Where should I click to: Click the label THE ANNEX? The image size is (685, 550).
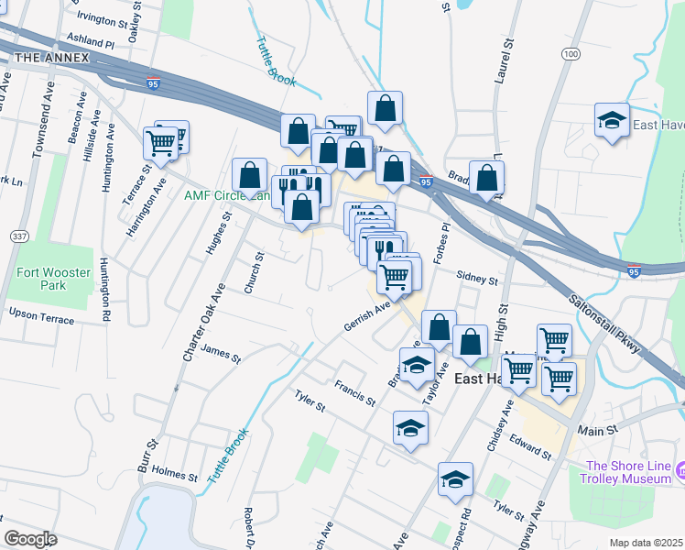point(52,58)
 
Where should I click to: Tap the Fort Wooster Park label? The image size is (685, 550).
point(41,279)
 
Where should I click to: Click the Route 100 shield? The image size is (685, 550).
point(572,55)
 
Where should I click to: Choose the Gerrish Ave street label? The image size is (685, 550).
point(367,316)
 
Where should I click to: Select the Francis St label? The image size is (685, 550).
point(354,394)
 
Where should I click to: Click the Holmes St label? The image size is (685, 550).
point(174,476)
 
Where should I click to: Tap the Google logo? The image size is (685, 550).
point(30,539)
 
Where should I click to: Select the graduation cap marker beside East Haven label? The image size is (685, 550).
point(612,121)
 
